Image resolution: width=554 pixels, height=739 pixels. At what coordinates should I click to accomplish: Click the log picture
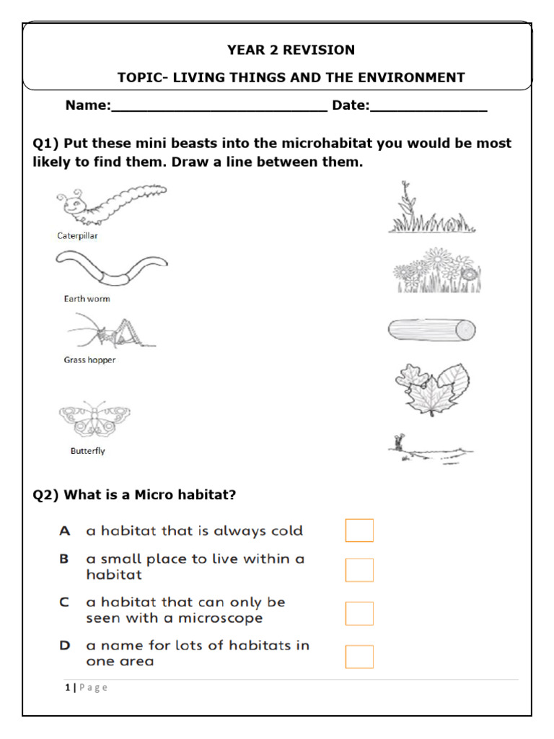click(431, 331)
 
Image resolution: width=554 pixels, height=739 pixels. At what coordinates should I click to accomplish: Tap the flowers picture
click(436, 271)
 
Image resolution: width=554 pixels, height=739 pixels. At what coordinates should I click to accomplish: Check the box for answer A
click(359, 530)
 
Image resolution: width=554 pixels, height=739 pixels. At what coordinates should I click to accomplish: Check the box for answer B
click(359, 569)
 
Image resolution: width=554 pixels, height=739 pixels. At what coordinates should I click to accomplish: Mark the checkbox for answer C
click(359, 613)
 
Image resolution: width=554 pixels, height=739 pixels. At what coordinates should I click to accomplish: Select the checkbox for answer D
click(359, 656)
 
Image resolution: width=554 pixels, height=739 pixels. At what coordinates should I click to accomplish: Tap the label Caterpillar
click(78, 236)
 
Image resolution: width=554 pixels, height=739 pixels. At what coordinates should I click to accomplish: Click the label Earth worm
click(87, 299)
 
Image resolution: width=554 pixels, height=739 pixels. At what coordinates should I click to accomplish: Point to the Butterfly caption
click(87, 451)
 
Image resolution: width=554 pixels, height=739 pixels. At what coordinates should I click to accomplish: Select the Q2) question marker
click(47, 495)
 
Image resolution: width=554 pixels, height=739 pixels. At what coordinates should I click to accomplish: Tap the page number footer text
click(86, 687)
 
